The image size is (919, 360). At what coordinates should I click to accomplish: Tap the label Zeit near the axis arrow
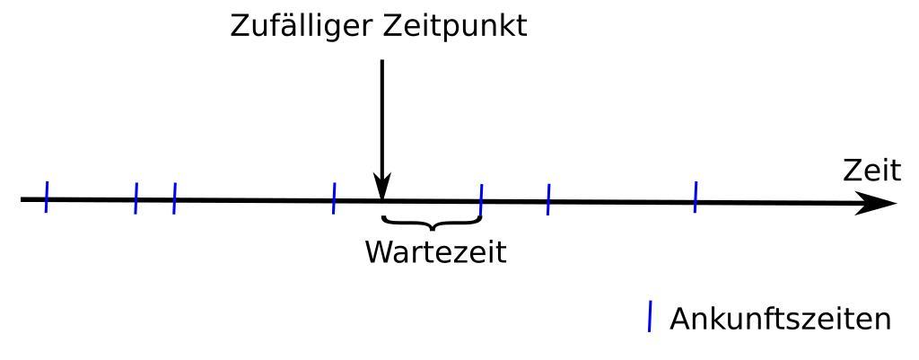pyautogui.click(x=871, y=171)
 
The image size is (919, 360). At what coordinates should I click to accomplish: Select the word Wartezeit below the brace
pyautogui.click(x=435, y=252)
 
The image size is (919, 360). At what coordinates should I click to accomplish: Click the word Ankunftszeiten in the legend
pyautogui.click(x=780, y=319)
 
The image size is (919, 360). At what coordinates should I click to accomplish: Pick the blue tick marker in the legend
pyautogui.click(x=650, y=318)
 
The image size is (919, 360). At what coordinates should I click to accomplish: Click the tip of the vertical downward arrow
pyautogui.click(x=382, y=195)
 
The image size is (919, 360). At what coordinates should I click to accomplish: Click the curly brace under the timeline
pyautogui.click(x=432, y=222)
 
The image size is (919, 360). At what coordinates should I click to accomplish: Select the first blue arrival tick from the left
pyautogui.click(x=46, y=197)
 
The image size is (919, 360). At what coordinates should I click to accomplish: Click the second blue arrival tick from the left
pyautogui.click(x=136, y=198)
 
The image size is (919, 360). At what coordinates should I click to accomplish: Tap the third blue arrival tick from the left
pyautogui.click(x=174, y=198)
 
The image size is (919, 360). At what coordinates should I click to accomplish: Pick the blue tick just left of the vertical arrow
pyautogui.click(x=334, y=198)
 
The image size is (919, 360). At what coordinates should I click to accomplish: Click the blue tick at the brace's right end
pyautogui.click(x=481, y=199)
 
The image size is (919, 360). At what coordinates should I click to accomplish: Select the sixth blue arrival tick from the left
pyautogui.click(x=547, y=199)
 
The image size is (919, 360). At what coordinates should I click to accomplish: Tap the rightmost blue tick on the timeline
pyautogui.click(x=695, y=198)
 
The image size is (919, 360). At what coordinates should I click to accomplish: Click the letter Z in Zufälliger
pyautogui.click(x=240, y=25)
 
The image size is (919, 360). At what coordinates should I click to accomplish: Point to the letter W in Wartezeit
pyautogui.click(x=380, y=252)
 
